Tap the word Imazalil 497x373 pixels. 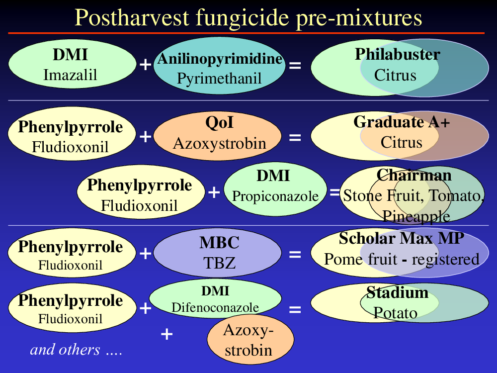click(x=70, y=75)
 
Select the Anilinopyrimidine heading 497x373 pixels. click(x=220, y=59)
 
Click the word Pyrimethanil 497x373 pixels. click(x=219, y=79)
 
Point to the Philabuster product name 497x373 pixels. click(x=398, y=54)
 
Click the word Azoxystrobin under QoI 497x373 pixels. click(x=219, y=143)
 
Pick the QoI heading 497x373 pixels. click(x=219, y=122)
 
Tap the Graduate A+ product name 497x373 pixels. click(x=402, y=122)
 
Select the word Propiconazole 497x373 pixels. click(x=275, y=196)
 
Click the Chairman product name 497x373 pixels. click(x=414, y=175)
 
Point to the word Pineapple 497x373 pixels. click(x=416, y=217)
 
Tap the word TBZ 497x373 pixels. click(x=219, y=263)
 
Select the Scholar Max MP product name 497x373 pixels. click(x=402, y=239)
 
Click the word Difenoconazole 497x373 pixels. click(x=215, y=307)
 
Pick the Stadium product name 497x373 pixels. click(x=398, y=292)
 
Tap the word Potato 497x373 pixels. click(x=395, y=313)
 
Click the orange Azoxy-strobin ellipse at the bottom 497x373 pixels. click(x=250, y=340)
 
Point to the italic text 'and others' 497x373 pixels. click(x=65, y=350)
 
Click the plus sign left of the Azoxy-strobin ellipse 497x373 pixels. click(x=166, y=334)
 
